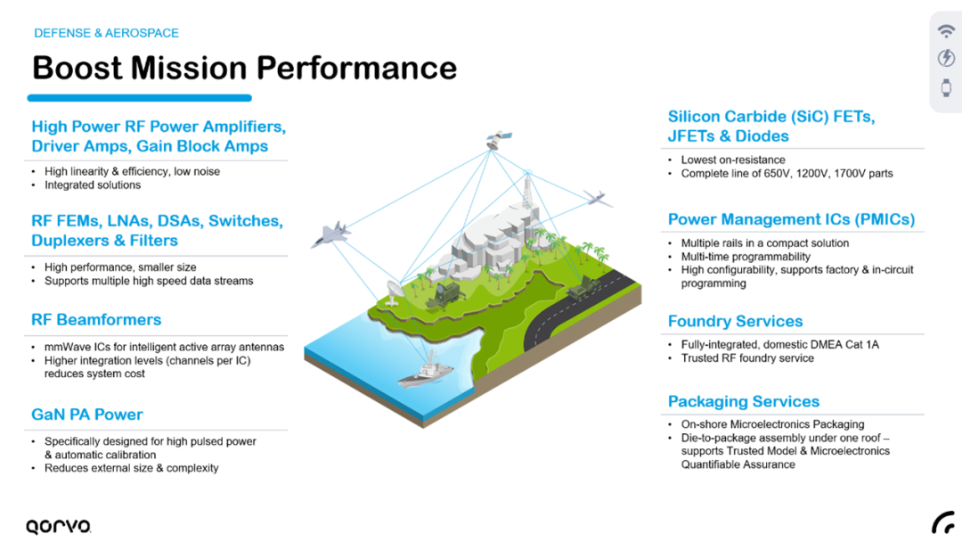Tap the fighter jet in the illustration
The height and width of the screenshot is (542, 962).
[x=330, y=234]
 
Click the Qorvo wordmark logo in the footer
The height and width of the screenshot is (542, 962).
[x=58, y=526]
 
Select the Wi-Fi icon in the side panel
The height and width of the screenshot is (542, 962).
[x=946, y=31]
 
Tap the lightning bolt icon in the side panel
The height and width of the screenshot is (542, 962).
[x=946, y=59]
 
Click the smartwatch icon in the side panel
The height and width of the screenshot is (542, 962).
[x=946, y=87]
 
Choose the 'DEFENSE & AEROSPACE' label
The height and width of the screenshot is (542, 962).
[x=106, y=33]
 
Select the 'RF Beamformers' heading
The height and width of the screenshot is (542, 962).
[x=96, y=319]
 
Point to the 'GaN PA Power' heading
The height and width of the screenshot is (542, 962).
[x=87, y=414]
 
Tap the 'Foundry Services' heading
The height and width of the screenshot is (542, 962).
[x=735, y=321]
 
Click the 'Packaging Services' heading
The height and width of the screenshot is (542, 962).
[x=744, y=401]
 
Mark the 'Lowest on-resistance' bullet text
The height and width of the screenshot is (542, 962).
[x=733, y=160]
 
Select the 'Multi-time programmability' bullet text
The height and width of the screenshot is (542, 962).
[x=746, y=256]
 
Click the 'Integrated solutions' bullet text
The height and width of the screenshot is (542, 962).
[x=93, y=185]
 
